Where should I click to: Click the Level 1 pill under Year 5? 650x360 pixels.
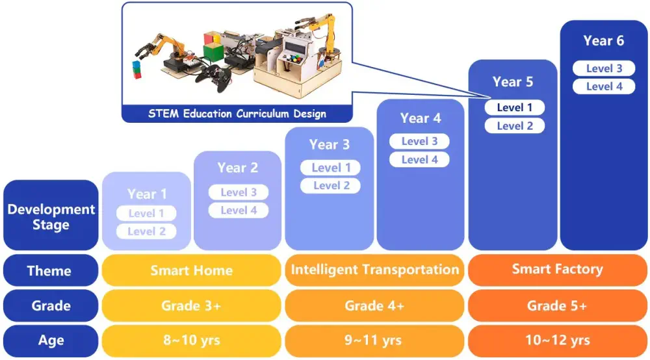(x=514, y=107)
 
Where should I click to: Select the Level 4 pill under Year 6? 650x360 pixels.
(x=604, y=86)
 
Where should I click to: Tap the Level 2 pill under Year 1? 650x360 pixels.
(x=146, y=231)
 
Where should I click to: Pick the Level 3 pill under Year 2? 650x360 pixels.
(x=239, y=192)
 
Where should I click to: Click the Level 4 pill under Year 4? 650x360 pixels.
(x=419, y=159)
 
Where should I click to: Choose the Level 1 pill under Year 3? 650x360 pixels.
(x=330, y=168)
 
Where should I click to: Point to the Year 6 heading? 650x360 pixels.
(x=604, y=40)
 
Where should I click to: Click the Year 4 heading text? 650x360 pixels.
(x=421, y=118)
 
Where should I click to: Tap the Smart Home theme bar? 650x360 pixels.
(x=192, y=270)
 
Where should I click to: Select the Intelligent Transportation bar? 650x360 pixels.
(x=375, y=270)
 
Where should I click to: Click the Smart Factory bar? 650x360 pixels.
(x=558, y=270)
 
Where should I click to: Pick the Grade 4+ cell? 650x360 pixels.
(x=375, y=305)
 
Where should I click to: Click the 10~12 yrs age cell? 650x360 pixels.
(x=558, y=341)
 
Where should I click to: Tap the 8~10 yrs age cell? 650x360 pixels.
(x=192, y=341)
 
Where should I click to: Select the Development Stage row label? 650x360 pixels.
(x=51, y=215)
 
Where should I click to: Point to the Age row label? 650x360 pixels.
(x=51, y=341)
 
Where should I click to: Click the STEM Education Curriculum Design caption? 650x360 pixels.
(x=237, y=114)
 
